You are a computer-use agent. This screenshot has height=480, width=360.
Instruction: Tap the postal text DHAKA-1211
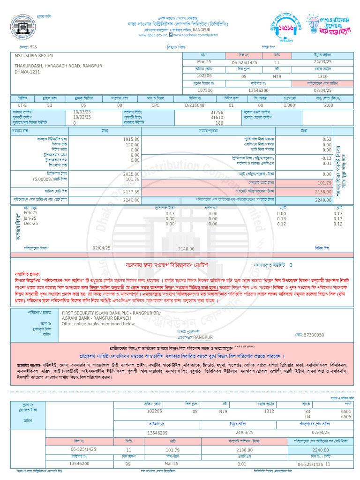(27, 72)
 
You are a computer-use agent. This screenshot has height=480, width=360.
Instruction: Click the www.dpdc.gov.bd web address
(153, 35)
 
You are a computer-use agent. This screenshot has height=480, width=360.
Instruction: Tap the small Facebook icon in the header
(171, 35)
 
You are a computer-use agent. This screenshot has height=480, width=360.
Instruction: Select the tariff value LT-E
(22, 105)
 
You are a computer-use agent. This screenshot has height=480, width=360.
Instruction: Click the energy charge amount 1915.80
(131, 139)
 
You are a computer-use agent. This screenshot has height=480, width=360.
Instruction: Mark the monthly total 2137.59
(131, 191)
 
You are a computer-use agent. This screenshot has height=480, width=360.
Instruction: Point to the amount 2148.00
(186, 249)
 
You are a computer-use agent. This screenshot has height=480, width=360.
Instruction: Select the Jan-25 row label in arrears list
(31, 218)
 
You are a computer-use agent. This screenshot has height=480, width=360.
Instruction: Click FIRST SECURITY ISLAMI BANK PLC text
(111, 312)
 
